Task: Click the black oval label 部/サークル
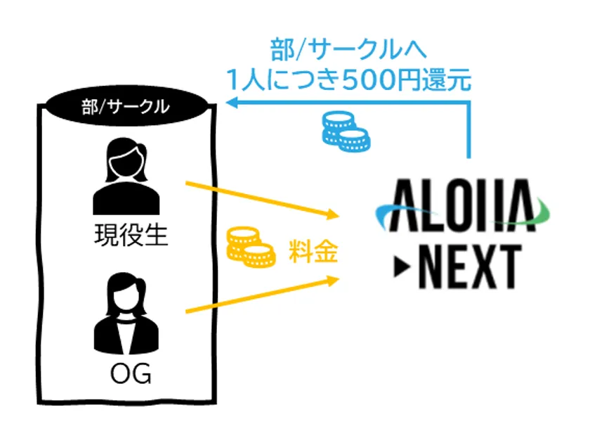[x=126, y=106]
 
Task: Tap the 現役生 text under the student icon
[x=131, y=236]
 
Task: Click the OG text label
[x=131, y=373]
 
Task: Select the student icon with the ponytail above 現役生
[x=126, y=176]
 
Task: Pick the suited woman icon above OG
[x=126, y=314]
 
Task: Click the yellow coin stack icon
[x=251, y=247]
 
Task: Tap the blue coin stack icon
[x=346, y=131]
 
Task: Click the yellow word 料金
[x=313, y=251]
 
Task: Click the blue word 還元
[x=447, y=79]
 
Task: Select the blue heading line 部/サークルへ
[x=348, y=49]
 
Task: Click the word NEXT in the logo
[x=470, y=267]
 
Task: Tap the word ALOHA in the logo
[x=463, y=205]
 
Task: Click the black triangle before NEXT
[x=402, y=267]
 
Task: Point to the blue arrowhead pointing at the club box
[x=232, y=102]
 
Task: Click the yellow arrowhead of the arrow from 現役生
[x=333, y=214]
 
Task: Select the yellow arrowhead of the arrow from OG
[x=333, y=281]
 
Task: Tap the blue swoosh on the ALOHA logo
[x=399, y=213]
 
